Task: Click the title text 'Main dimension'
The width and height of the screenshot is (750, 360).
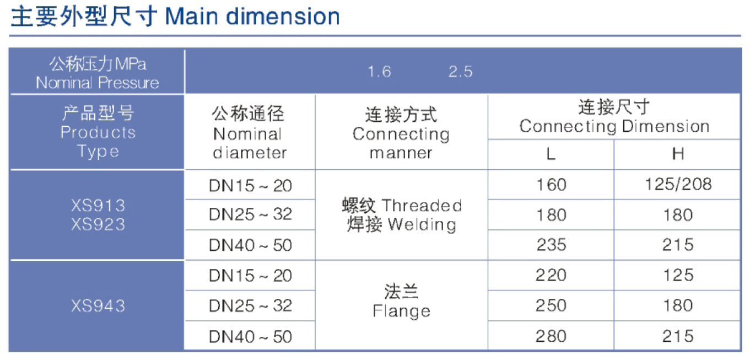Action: pyautogui.click(x=252, y=17)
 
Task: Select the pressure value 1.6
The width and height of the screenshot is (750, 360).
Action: pyautogui.click(x=379, y=72)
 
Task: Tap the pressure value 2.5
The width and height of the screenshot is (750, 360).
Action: pyautogui.click(x=460, y=72)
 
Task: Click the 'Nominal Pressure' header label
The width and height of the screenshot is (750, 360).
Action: pyautogui.click(x=98, y=83)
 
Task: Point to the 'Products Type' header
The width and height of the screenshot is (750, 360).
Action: pyautogui.click(x=98, y=142)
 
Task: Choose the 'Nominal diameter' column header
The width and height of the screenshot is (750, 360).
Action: pyautogui.click(x=250, y=143)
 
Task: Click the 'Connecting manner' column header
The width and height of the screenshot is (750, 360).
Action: pyautogui.click(x=401, y=143)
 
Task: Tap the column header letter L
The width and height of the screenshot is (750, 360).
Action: pyautogui.click(x=551, y=154)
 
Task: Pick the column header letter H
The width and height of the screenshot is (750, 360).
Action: pyautogui.click(x=678, y=154)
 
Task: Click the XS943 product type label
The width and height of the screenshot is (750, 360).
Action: pyautogui.click(x=98, y=306)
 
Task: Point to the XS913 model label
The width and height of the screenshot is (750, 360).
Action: pyautogui.click(x=98, y=205)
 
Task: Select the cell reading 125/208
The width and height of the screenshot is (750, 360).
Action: pyautogui.click(x=678, y=184)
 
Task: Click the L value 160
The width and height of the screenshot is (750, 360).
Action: pyautogui.click(x=551, y=185)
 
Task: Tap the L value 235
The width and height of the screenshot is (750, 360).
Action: pyautogui.click(x=551, y=244)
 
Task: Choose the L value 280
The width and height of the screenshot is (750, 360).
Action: pyautogui.click(x=551, y=336)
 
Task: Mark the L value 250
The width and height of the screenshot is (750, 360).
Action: pyautogui.click(x=551, y=305)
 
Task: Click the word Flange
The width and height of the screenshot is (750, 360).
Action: pyautogui.click(x=401, y=311)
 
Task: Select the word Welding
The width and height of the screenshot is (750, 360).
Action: pyautogui.click(x=422, y=224)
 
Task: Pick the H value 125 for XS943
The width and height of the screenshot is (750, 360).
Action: pyautogui.click(x=678, y=275)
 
